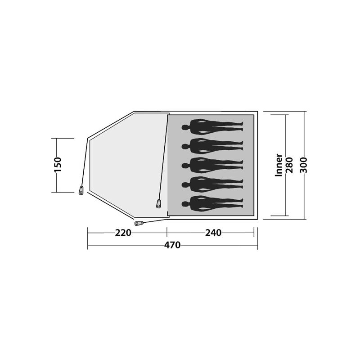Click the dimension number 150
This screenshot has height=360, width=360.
click(58, 165)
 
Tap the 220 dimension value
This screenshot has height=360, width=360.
click(123, 233)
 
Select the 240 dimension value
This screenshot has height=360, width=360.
click(213, 233)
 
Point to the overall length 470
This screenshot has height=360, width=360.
click(172, 245)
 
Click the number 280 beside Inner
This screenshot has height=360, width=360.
click(289, 165)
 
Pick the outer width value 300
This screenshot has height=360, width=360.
click(303, 165)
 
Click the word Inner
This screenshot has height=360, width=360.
click(279, 165)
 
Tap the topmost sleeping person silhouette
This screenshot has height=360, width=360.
click(212, 127)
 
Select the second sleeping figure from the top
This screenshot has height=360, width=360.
click(212, 146)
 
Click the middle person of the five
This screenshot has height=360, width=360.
click(212, 165)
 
